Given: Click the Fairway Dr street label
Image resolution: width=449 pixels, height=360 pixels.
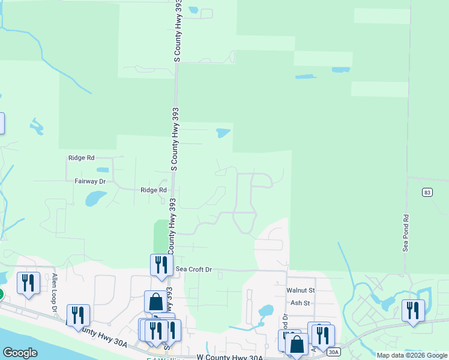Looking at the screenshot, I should tap(90, 181).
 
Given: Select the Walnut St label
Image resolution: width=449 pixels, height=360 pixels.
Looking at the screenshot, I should tap(300, 290).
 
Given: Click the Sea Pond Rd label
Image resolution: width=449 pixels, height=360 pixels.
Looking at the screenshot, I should tap(406, 233).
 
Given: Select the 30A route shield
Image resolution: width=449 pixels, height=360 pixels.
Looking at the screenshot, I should tap(334, 352).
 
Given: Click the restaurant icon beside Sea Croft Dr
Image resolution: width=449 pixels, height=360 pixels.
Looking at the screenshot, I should tap(161, 265).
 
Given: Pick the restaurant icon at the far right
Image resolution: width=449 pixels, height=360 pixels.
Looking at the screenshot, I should tap(413, 310).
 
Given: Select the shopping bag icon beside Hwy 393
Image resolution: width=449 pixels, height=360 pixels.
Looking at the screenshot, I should tap(155, 301).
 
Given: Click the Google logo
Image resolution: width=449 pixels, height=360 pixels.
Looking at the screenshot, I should tap(20, 353).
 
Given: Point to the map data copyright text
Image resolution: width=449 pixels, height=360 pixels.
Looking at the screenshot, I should tap(412, 355).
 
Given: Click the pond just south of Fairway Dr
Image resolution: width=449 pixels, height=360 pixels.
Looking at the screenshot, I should tap(96, 197).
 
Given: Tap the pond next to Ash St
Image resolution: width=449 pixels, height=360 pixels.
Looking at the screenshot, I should tap(265, 311).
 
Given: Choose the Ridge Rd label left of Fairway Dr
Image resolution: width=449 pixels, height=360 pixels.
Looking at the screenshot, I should tap(82, 158).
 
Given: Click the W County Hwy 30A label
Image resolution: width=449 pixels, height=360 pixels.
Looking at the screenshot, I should tap(230, 357).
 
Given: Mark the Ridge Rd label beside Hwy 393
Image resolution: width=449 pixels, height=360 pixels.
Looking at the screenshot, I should tap(153, 190).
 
